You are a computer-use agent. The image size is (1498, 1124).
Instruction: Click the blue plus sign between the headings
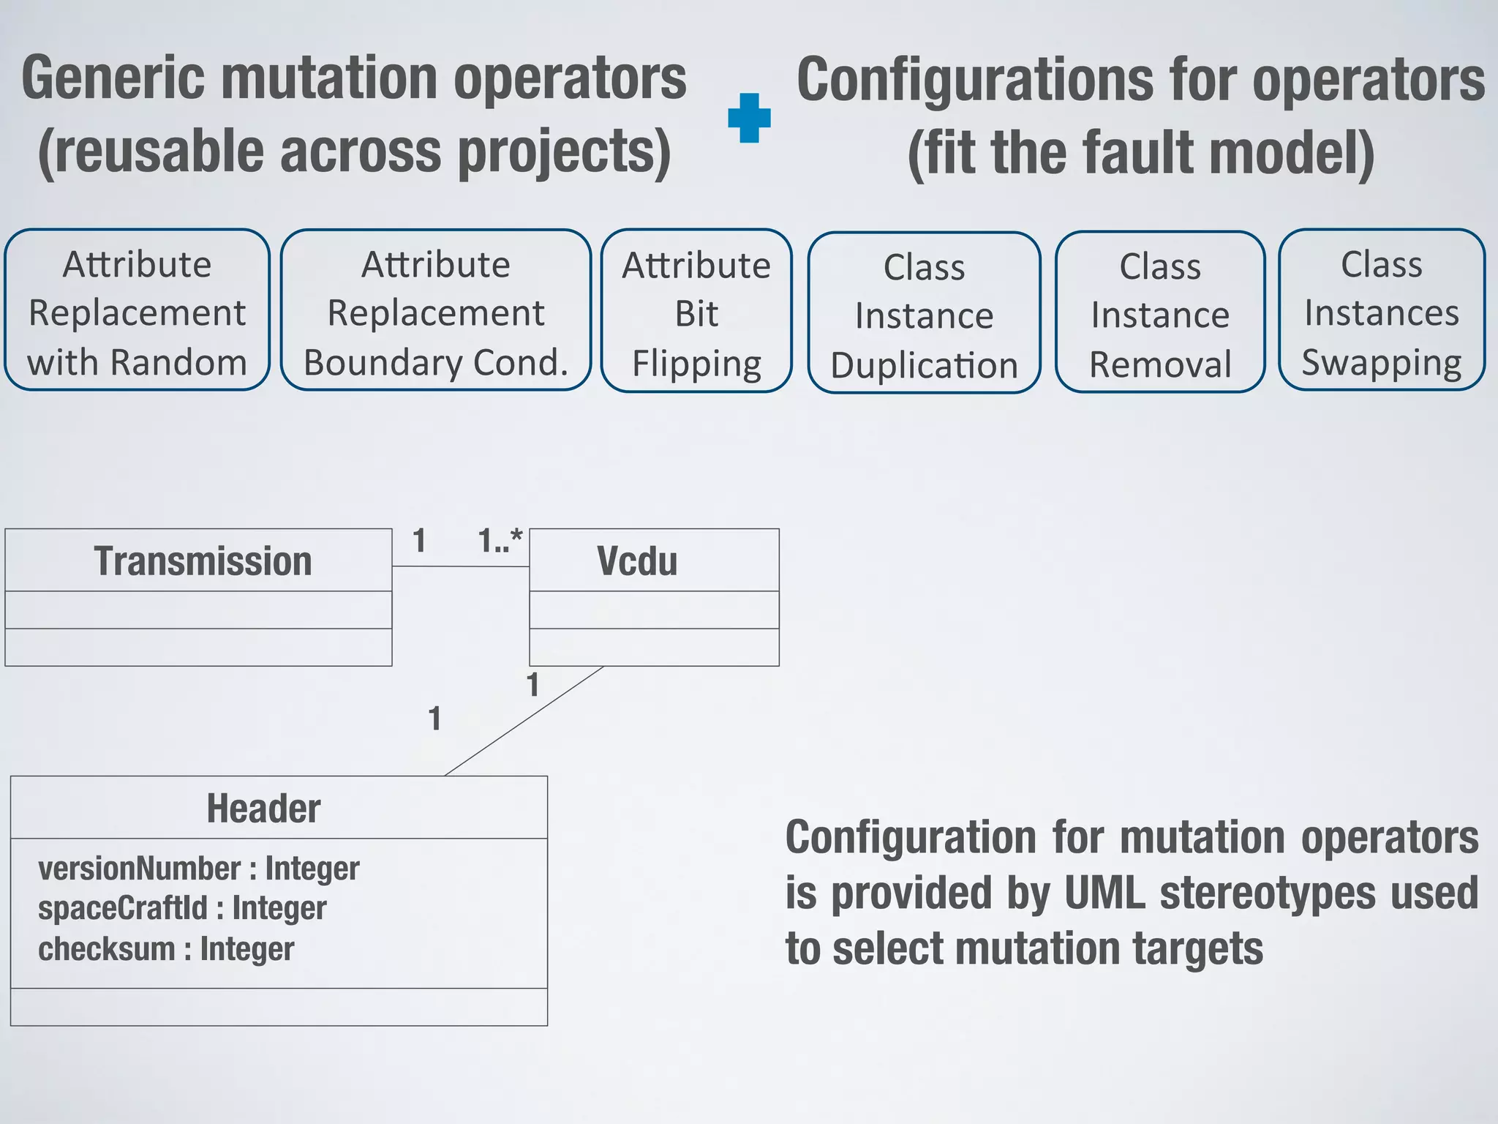[x=749, y=118]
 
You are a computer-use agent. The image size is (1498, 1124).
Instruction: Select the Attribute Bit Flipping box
[x=696, y=312]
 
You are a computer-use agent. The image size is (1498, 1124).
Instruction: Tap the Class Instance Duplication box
[x=924, y=314]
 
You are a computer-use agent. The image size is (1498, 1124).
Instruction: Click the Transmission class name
[x=203, y=561]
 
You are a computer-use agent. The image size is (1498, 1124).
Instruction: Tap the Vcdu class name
[x=637, y=561]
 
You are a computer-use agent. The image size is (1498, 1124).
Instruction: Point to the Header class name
[x=263, y=809]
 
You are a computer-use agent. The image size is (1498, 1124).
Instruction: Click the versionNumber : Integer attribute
[x=198, y=869]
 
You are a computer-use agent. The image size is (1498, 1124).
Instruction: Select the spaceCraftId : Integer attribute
[x=182, y=908]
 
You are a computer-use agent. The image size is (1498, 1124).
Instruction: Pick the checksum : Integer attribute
[x=166, y=949]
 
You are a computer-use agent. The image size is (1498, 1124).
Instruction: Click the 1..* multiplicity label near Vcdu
[x=500, y=541]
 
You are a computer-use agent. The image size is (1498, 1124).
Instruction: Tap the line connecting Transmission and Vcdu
[x=461, y=566]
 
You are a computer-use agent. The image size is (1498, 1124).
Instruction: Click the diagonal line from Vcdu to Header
[x=524, y=721]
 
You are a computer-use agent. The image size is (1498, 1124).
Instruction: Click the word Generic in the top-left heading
[x=113, y=78]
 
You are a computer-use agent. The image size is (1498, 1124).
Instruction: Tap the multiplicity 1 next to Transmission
[x=419, y=542]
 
